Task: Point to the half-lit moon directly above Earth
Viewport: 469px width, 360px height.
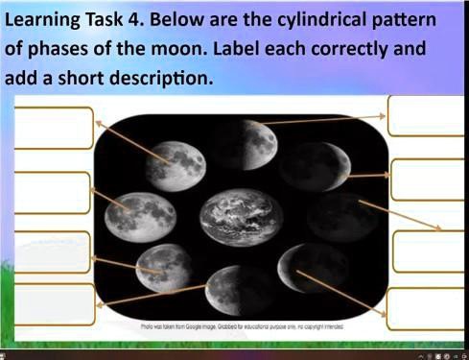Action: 253,144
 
